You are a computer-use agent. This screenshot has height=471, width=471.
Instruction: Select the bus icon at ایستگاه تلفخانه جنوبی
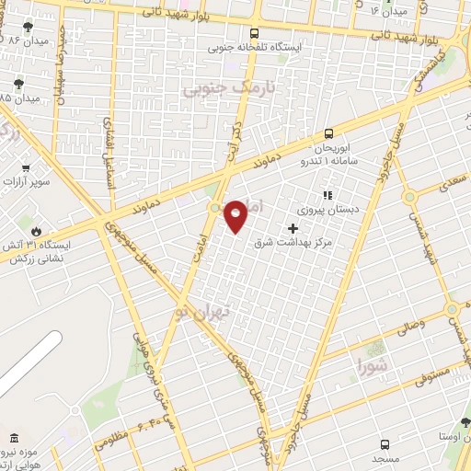[x=255, y=33]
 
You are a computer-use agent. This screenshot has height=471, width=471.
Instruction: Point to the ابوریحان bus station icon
[x=328, y=132]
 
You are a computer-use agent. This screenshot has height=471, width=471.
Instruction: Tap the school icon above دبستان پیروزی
[x=325, y=194]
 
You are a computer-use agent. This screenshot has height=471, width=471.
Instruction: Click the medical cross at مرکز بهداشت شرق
[x=293, y=228]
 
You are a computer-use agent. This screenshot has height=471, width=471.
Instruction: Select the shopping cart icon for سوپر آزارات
[x=26, y=168]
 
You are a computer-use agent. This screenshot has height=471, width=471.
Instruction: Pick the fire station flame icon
[x=36, y=230]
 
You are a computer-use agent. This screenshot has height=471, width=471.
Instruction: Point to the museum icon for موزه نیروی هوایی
[x=13, y=439]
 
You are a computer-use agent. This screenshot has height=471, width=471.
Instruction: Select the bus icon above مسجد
[x=384, y=443]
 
